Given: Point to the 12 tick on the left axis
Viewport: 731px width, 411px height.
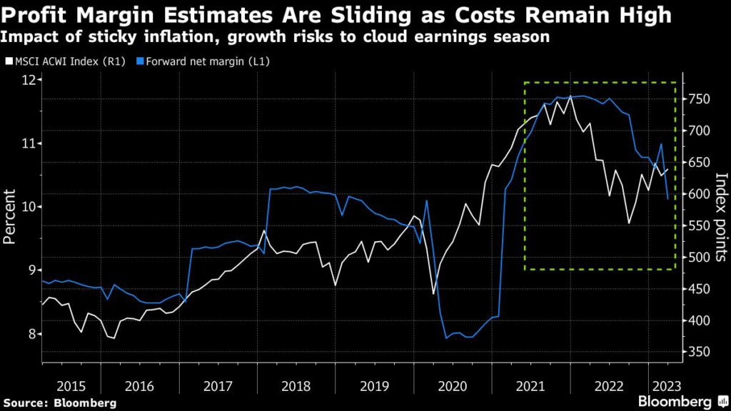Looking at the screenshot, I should pos(29,80).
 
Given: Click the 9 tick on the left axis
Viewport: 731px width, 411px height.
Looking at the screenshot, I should pos(33,270).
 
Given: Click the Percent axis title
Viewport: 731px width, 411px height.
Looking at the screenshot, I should pos(11,217).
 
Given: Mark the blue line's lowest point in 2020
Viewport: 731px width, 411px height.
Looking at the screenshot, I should pos(446,338).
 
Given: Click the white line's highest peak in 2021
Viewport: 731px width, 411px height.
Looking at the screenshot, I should pos(570,96).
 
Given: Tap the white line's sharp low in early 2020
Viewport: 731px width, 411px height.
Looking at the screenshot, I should pos(433,293).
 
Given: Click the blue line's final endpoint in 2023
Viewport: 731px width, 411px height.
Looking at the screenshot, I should pos(667,199).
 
